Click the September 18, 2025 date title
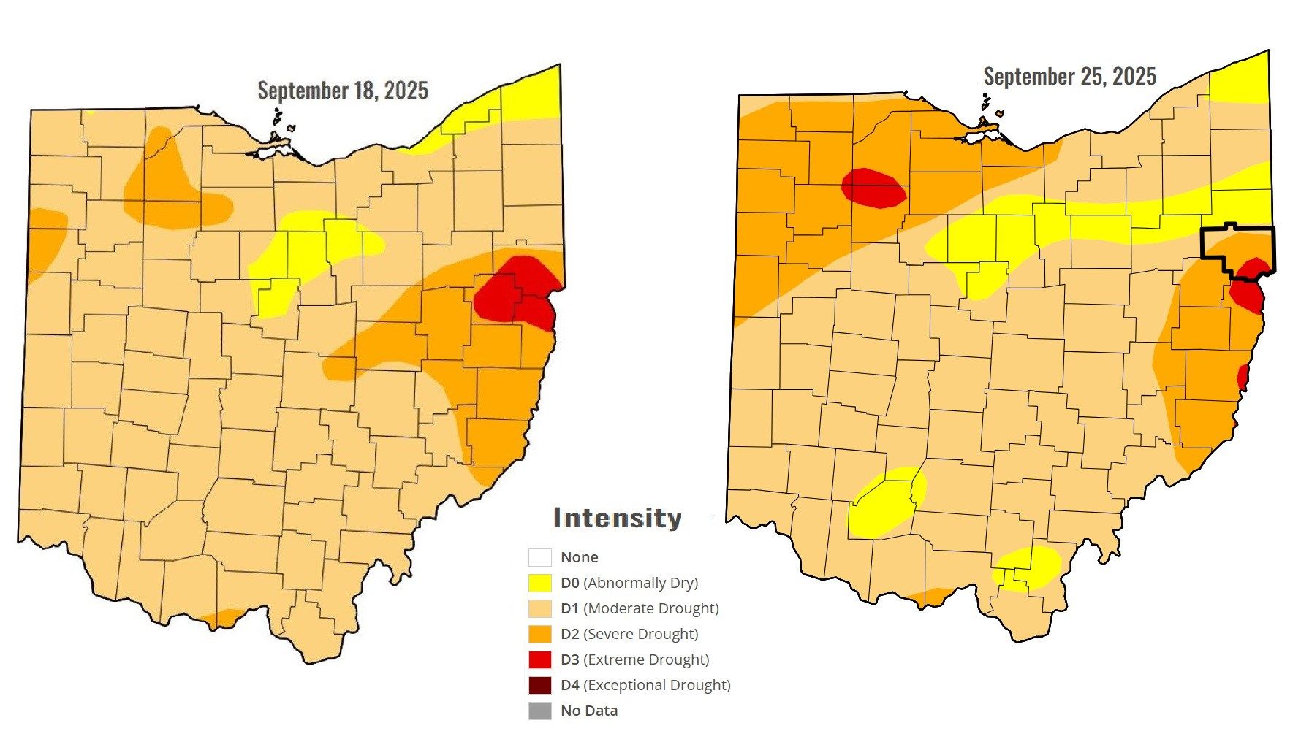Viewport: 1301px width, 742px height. point(343,91)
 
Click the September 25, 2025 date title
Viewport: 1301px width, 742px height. point(1069,77)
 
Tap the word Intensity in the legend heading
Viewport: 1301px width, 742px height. point(617,518)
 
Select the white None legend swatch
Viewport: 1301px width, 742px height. point(539,557)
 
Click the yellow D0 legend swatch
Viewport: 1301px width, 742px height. point(539,583)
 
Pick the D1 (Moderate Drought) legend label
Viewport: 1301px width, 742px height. point(640,608)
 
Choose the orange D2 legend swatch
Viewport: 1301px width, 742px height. point(539,634)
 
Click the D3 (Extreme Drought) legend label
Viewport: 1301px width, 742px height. point(634,659)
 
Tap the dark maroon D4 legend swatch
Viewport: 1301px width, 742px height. point(539,685)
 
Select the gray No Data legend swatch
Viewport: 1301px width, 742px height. point(539,711)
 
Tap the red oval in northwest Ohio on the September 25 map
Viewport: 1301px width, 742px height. point(873,188)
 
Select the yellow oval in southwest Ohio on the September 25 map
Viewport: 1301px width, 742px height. point(884,504)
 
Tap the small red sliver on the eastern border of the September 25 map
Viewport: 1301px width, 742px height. point(1242,377)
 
